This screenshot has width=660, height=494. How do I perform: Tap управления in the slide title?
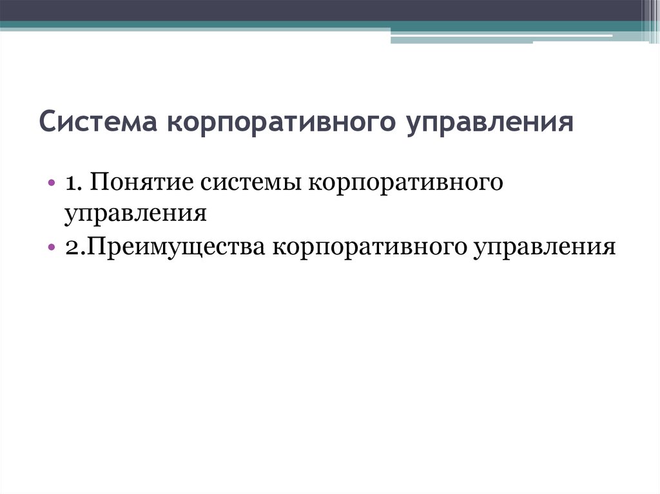coord(490,122)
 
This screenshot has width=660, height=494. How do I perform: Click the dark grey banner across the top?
coord(322,10)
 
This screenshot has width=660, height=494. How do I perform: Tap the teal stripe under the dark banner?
coord(193,25)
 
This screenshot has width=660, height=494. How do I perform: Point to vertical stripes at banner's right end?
coord(650,16)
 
